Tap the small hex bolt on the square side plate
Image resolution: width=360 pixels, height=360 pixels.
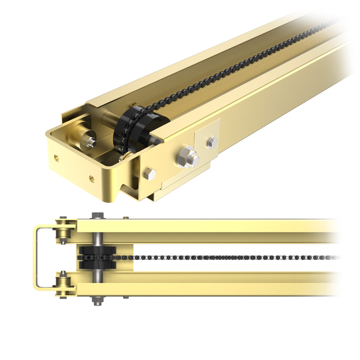212,142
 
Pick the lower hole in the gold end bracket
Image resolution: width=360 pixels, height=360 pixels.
91,179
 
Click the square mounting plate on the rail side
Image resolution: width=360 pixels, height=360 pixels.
207,141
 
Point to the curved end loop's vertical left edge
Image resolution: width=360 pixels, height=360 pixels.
35,257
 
